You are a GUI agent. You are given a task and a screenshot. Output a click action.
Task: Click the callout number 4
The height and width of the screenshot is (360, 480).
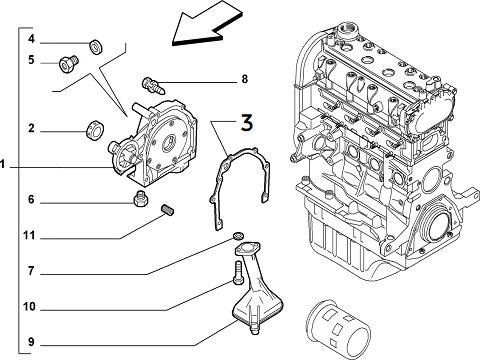click(31, 39)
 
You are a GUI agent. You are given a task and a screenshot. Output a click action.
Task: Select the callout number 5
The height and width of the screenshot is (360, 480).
click(31, 60)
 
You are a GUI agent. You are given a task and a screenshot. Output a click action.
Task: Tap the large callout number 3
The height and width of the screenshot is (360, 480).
click(247, 122)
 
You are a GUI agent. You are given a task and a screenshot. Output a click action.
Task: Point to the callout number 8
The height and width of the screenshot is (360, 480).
click(245, 79)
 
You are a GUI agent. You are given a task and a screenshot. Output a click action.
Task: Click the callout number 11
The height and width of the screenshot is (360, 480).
click(29, 236)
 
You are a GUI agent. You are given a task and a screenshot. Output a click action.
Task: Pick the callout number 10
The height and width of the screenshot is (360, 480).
click(29, 306)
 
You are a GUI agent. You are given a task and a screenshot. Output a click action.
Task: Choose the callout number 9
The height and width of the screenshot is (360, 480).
click(31, 342)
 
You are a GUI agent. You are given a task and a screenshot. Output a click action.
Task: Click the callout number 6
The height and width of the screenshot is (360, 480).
click(31, 200)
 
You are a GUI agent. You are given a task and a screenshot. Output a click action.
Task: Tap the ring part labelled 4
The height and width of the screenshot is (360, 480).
click(96, 47)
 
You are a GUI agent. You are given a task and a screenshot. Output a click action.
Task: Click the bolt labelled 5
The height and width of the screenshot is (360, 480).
click(68, 63)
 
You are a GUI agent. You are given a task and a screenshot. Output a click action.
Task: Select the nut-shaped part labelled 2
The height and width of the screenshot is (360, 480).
click(95, 130)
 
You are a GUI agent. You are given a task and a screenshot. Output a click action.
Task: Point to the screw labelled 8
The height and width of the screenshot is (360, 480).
click(154, 86)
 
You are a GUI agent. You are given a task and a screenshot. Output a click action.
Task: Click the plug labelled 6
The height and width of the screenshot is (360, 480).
click(141, 199)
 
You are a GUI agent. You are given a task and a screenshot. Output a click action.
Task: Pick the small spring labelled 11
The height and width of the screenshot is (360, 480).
click(168, 210)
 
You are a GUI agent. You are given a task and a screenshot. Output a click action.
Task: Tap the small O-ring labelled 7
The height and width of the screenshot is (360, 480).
click(238, 236)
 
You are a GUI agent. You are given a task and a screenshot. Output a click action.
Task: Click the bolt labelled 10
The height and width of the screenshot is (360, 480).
click(238, 273)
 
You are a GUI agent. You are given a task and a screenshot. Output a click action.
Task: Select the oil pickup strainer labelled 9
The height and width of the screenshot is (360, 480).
click(256, 286)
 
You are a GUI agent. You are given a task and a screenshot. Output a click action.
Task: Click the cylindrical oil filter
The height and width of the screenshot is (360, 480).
click(338, 327)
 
